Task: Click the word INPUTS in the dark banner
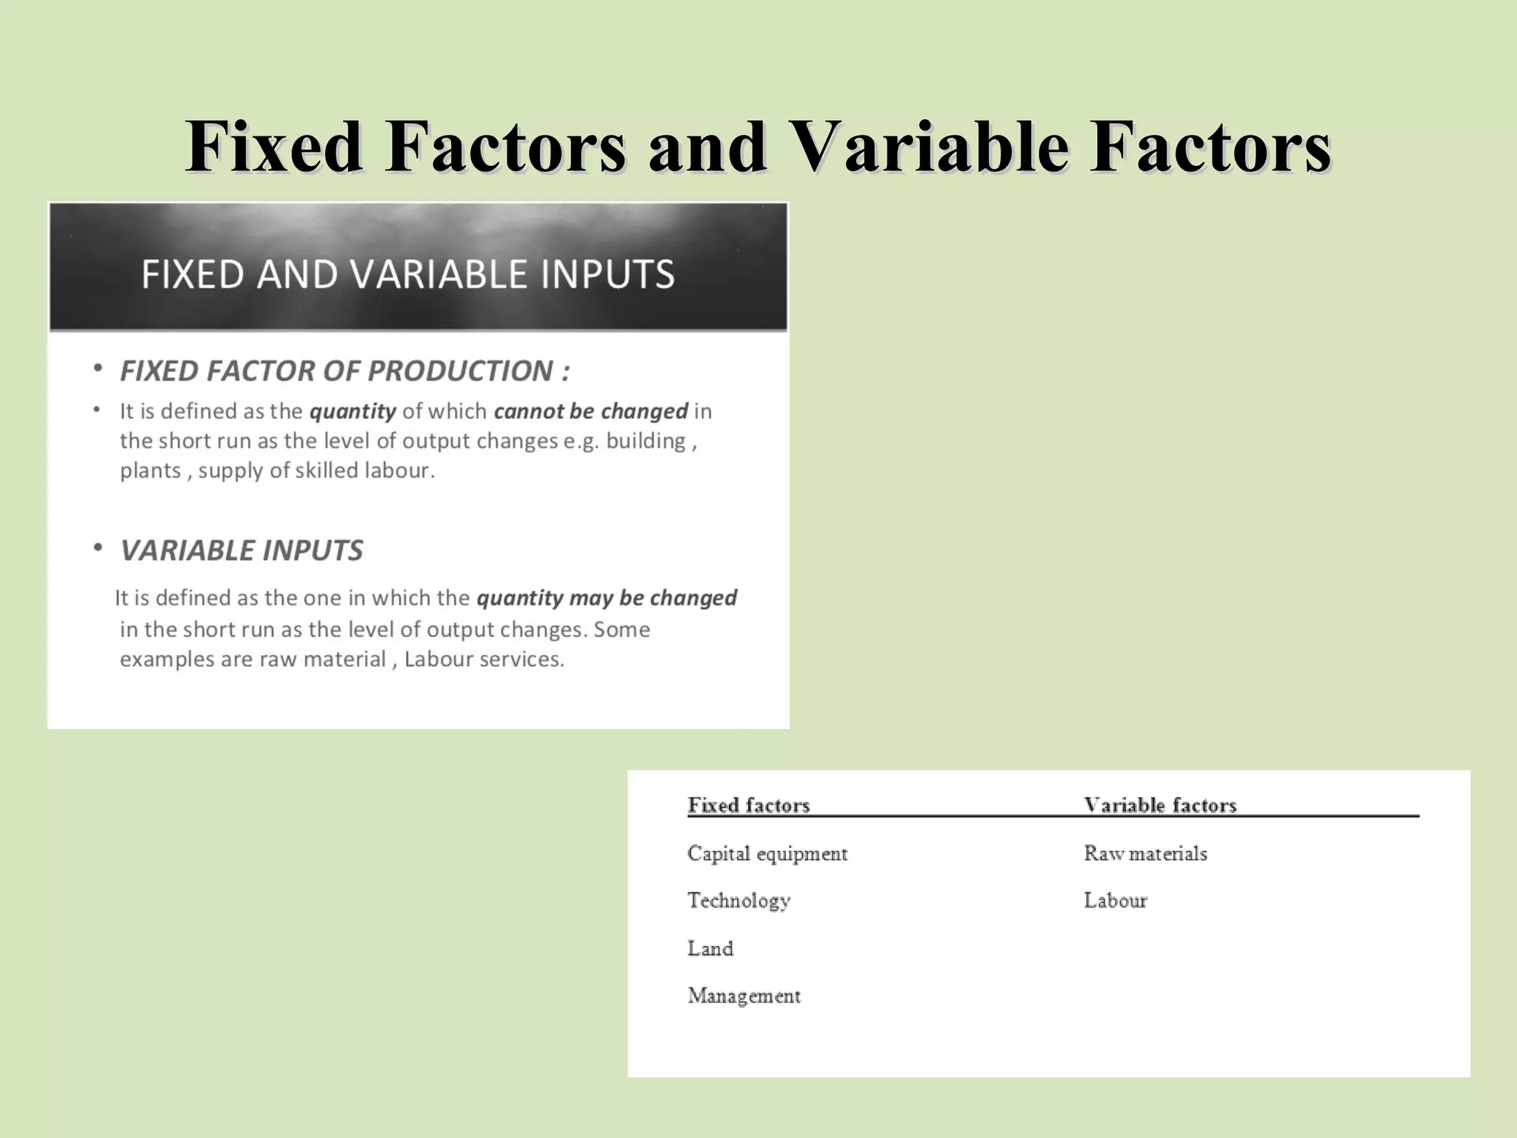pos(607,274)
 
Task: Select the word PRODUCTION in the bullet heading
pos(460,371)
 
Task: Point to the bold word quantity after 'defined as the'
pos(353,411)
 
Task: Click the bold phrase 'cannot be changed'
pos(591,411)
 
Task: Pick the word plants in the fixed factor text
pos(150,470)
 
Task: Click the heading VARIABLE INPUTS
pos(241,550)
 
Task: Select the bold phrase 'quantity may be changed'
pos(607,598)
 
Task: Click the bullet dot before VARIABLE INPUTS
pos(98,548)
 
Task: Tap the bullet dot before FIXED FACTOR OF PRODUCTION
pos(98,369)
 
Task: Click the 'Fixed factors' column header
pos(749,805)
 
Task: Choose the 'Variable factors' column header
pos(1160,805)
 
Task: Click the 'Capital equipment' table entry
pos(767,853)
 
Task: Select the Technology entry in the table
pos(739,901)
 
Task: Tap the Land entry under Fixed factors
pos(710,948)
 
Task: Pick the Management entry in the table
pos(744,996)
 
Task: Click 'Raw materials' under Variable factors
pos(1145,853)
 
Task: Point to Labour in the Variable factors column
pos(1116,901)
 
